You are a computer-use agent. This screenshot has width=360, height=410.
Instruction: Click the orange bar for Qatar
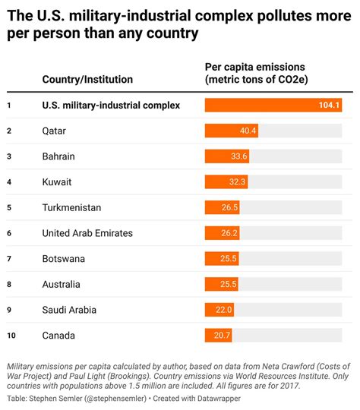click(x=231, y=131)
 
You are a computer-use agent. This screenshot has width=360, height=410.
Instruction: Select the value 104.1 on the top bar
click(x=329, y=106)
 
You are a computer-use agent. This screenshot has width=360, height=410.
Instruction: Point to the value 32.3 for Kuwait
click(x=238, y=182)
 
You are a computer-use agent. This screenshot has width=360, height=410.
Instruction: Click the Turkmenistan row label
click(x=71, y=207)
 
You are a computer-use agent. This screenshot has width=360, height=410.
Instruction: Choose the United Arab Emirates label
click(x=87, y=233)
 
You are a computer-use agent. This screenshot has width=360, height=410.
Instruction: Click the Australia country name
click(x=61, y=285)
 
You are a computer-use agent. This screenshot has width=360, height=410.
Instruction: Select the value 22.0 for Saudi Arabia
click(x=223, y=310)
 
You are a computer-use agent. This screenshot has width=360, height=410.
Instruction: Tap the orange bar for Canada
click(x=218, y=336)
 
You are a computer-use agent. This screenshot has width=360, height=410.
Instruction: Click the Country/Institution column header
click(x=87, y=79)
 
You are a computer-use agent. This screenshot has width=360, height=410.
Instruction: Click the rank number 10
click(x=11, y=336)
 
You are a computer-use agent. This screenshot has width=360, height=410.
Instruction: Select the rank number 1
click(x=9, y=106)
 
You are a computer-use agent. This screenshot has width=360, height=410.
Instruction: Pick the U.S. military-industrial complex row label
click(x=111, y=106)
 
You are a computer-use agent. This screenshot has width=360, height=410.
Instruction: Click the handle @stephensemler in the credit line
click(x=111, y=398)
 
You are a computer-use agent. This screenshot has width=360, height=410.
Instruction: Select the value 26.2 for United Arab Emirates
click(x=230, y=233)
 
